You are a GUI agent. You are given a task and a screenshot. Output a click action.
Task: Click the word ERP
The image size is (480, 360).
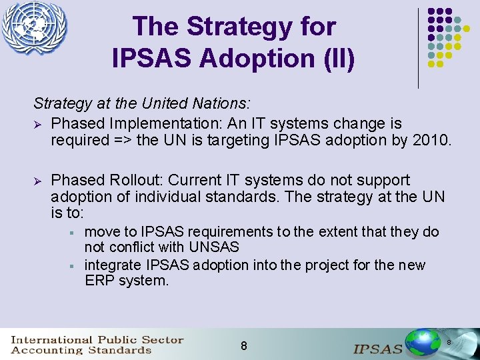100,281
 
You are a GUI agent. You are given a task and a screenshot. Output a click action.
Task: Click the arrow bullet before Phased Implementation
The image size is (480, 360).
38,124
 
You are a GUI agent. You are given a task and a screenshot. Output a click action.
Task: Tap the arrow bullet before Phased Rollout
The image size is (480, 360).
38,181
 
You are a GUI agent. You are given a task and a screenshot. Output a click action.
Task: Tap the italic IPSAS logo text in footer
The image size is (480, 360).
377,349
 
